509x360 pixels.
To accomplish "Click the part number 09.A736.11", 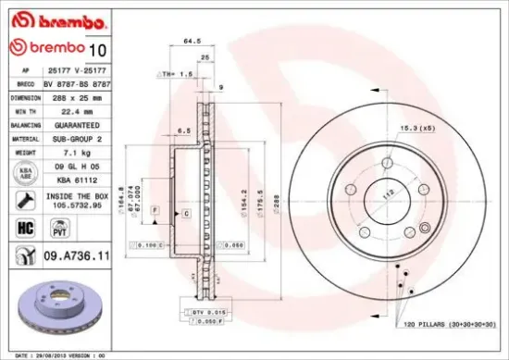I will pyautogui.click(x=78, y=254).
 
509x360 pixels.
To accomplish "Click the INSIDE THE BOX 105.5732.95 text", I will pyautogui.click(x=78, y=201).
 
